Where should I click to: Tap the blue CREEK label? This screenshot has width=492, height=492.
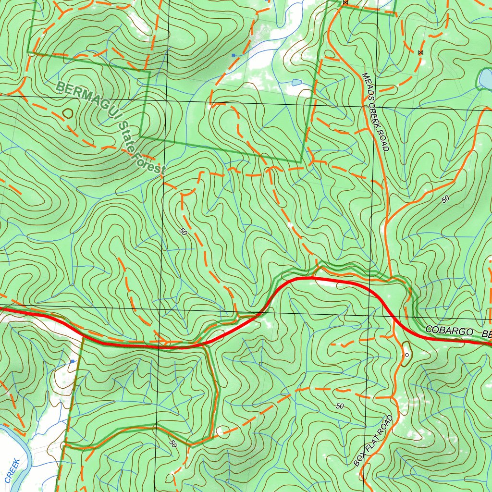pyautogui.click(x=12, y=471)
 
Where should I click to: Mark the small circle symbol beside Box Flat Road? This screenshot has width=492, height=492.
pyautogui.click(x=406, y=355)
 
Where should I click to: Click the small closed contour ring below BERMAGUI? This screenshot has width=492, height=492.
pyautogui.click(x=68, y=113)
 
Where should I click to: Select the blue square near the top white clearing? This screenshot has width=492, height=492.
pyautogui.click(x=234, y=56)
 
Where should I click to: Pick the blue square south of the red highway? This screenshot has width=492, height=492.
pyautogui.click(x=73, y=361)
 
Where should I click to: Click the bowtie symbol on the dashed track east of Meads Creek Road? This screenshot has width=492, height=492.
pyautogui.click(x=421, y=52)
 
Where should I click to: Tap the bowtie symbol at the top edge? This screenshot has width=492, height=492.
pyautogui.click(x=345, y=2)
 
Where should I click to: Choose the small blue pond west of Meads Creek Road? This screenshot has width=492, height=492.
pyautogui.click(x=296, y=83)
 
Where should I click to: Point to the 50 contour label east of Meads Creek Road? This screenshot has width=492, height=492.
pyautogui.click(x=445, y=198)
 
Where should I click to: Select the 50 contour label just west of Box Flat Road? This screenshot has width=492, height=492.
pyautogui.click(x=340, y=406)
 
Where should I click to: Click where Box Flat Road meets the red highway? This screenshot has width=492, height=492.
pyautogui.click(x=394, y=321)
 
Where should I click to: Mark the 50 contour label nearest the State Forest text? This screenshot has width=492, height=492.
pyautogui.click(x=183, y=232)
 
